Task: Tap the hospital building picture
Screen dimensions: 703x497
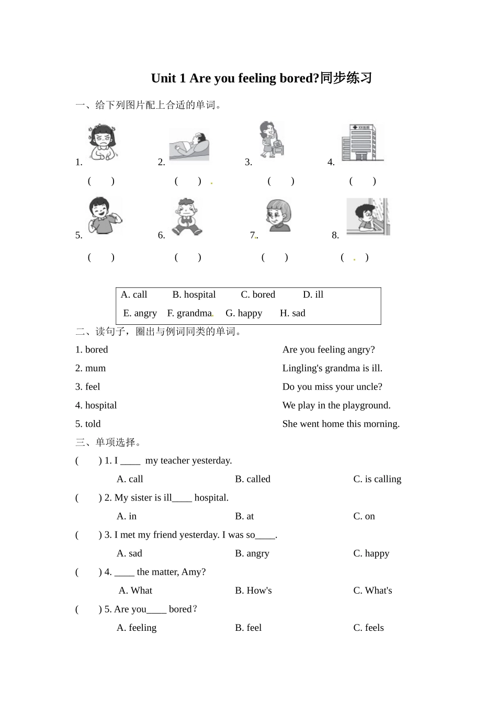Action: point(362,142)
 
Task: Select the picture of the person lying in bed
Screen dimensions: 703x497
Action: point(189,146)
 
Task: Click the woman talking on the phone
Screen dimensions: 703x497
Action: point(272,140)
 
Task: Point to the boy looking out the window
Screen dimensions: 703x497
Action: point(368,217)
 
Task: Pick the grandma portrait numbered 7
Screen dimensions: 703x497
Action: point(278,216)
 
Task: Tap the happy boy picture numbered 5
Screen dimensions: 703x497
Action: point(104,216)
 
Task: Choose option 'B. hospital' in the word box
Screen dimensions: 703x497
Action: point(194,294)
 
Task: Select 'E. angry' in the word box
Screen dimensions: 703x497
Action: point(140,313)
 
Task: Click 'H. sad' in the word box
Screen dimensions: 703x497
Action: point(292,313)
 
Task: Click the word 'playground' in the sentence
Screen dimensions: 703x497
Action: point(365,405)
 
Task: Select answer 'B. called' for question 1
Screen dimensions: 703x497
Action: point(253,479)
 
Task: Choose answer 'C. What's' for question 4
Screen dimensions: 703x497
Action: point(372,591)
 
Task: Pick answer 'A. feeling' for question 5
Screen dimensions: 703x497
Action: point(137,628)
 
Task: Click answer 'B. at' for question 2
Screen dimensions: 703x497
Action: point(244,516)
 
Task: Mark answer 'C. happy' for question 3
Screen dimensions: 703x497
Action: point(371,553)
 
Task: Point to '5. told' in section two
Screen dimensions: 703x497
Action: point(88,424)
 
